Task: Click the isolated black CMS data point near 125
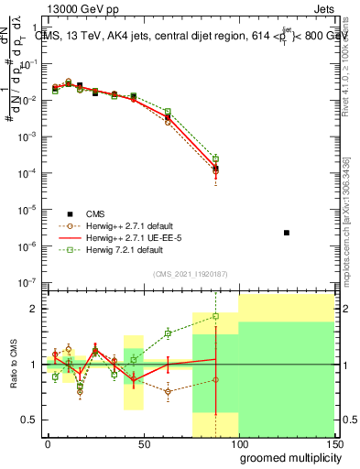(x=287, y=233)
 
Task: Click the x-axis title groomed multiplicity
(x=285, y=457)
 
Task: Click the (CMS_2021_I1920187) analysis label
(x=191, y=273)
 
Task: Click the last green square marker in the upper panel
(x=215, y=158)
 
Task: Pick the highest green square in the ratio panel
(x=215, y=316)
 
